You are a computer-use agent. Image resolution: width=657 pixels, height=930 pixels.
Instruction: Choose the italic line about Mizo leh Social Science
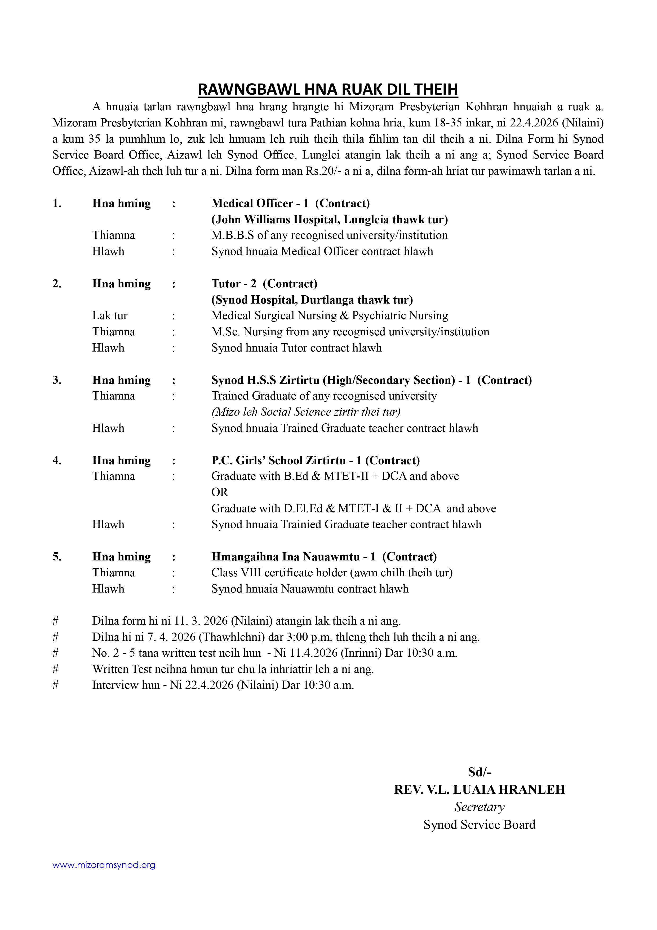[306, 412]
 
